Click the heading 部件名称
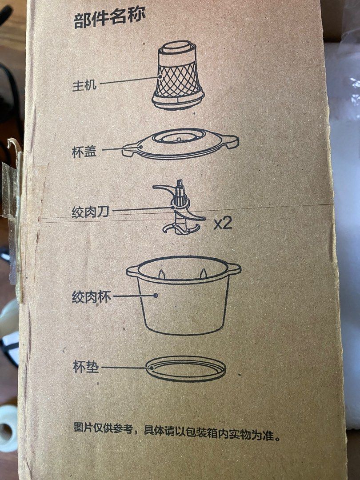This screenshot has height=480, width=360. [109, 18]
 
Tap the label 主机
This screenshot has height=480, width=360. [84, 85]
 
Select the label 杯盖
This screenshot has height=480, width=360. [84, 151]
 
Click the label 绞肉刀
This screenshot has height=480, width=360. [90, 212]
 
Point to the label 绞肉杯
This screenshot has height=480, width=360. [91, 297]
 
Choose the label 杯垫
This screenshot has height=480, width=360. [86, 367]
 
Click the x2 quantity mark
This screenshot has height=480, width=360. [223, 224]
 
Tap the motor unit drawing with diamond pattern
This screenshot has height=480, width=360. [179, 75]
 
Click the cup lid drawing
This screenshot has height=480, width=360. [180, 144]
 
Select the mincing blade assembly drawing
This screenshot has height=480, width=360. [180, 207]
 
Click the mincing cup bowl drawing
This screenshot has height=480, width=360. [184, 295]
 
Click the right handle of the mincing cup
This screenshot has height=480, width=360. [233, 268]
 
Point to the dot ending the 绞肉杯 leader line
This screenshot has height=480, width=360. [156, 296]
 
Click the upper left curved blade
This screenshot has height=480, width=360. [162, 188]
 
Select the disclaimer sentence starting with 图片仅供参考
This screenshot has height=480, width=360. [177, 432]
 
